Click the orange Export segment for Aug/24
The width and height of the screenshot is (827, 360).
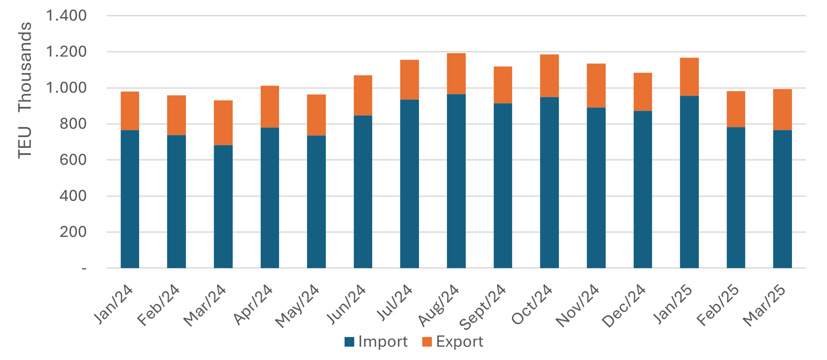pos(456,74)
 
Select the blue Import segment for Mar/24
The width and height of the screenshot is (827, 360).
pos(223,207)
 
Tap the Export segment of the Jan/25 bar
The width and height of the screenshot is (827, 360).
pos(689,77)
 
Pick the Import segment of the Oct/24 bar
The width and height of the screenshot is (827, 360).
pos(549,183)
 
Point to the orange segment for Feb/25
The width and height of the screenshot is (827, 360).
pos(736,109)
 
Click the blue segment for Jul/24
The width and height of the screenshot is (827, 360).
pos(409,184)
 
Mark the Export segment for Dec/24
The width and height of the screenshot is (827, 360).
pos(643,92)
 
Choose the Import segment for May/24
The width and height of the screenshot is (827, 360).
pos(316,202)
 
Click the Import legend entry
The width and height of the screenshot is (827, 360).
pos(376,342)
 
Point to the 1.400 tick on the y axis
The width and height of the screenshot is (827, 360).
pos(66,16)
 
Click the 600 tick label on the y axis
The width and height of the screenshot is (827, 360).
pos(72,160)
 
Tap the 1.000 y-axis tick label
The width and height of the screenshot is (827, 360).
pos(66,88)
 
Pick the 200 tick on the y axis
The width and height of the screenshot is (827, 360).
pos(72,232)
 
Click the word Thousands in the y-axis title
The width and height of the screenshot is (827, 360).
pos(25,67)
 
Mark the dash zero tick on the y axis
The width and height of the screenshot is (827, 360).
pos(84,269)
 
